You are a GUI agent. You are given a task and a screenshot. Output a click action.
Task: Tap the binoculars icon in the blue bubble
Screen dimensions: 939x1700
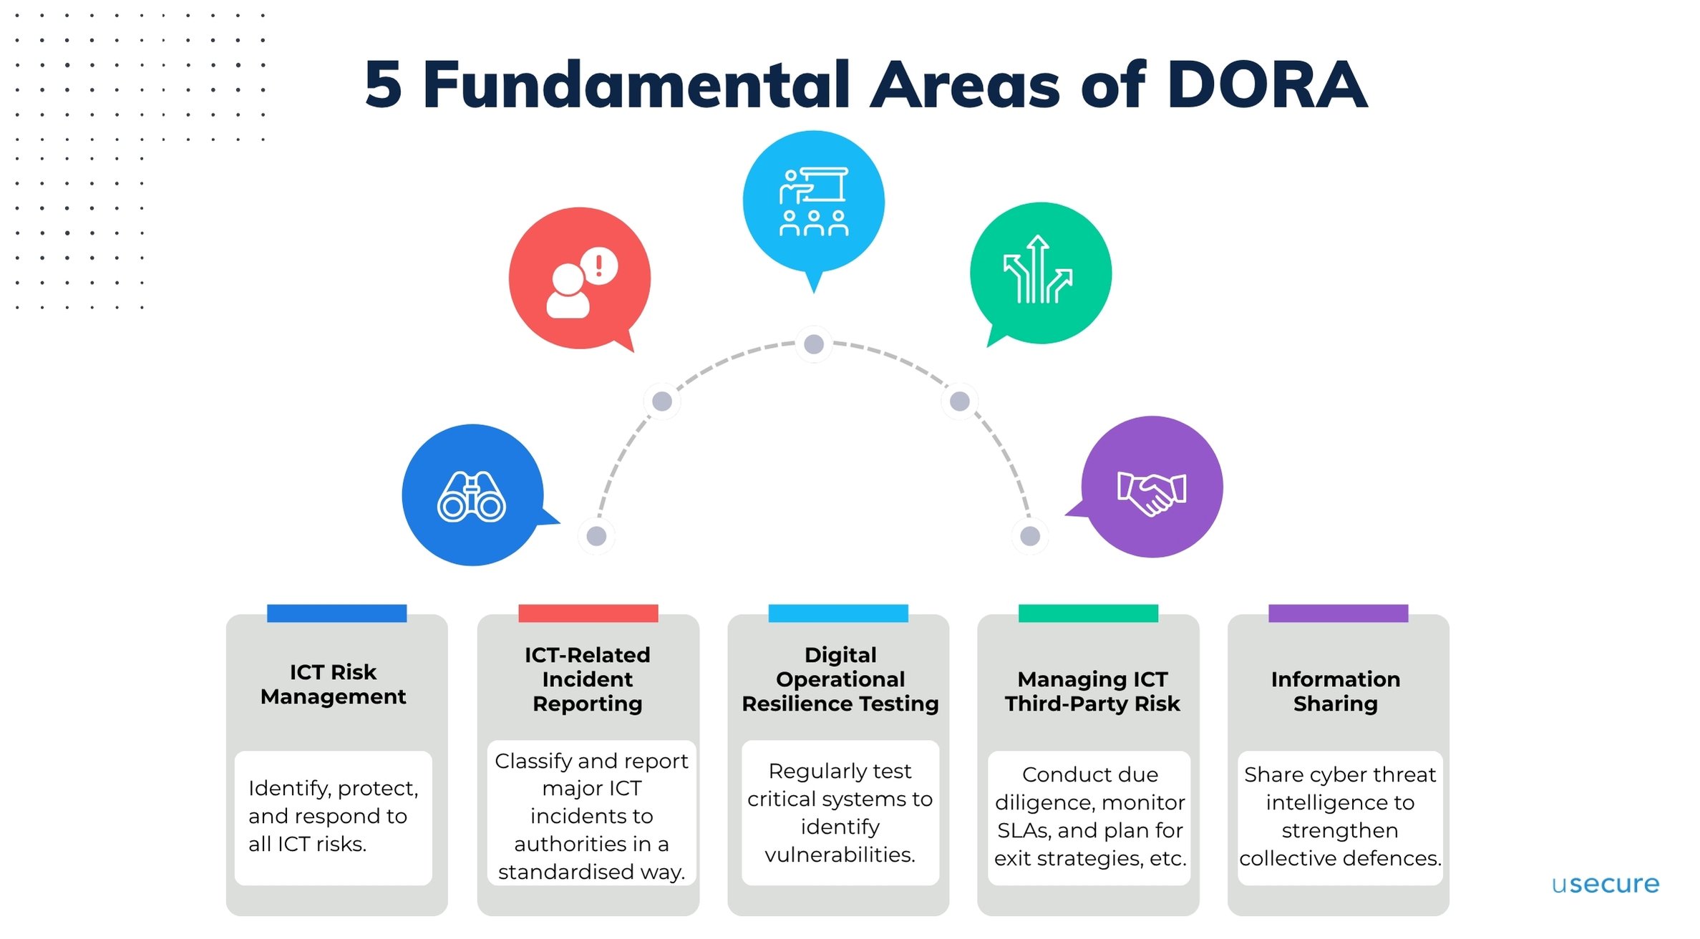(472, 497)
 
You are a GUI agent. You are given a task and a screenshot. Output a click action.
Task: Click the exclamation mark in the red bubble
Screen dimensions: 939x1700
(599, 266)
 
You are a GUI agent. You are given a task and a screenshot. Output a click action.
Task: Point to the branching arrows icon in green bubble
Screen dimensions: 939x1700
(1038, 270)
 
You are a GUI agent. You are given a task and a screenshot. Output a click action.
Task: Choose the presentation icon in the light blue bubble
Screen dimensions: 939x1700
(814, 202)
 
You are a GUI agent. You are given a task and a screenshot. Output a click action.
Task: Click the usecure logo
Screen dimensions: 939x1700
(1605, 884)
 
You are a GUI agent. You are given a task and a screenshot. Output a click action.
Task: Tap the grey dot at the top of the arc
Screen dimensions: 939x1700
(814, 344)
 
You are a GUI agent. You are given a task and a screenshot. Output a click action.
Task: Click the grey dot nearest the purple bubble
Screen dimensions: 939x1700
(1030, 535)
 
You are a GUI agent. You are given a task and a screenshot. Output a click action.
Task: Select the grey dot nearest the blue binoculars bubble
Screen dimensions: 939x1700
(596, 535)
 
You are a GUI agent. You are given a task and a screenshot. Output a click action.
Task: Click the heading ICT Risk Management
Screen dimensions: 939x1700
(334, 684)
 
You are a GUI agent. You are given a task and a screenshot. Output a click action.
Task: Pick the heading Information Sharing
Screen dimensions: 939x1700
(1336, 691)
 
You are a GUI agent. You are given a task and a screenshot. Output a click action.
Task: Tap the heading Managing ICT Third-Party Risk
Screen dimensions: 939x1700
(1092, 691)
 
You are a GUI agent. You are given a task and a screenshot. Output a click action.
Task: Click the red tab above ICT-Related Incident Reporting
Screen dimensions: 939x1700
(588, 613)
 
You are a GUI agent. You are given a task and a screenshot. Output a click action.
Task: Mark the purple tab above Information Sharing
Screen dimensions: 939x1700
(1338, 613)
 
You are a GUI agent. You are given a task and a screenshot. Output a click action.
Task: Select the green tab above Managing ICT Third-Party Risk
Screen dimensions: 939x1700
(1088, 613)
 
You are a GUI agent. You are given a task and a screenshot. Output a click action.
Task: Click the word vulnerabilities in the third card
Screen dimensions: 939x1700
(839, 855)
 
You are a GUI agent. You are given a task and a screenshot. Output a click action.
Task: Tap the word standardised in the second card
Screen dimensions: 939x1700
(565, 872)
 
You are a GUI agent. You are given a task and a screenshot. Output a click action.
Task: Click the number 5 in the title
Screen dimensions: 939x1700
(384, 85)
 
